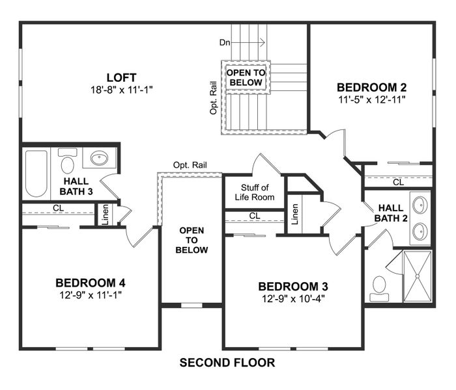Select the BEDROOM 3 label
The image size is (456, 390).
pos(292,286)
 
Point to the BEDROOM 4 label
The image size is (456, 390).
pos(90,283)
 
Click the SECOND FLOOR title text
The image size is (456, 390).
pos(227,362)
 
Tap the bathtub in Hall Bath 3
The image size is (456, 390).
pos(36,174)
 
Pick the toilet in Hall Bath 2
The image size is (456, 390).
pos(380,287)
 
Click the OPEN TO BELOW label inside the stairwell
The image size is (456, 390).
pos(246,78)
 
